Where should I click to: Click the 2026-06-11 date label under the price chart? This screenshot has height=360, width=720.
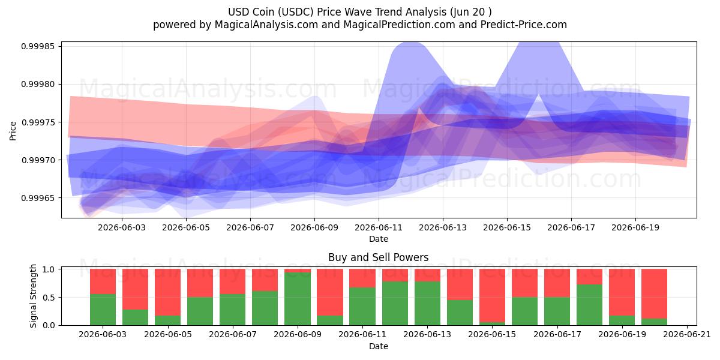(379, 227)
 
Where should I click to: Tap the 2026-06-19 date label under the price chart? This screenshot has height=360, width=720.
(635, 227)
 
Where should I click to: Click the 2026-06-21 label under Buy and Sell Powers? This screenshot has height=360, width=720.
(687, 334)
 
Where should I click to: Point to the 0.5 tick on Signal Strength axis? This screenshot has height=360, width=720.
(49, 298)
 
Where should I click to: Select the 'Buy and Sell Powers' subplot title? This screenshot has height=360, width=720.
(379, 257)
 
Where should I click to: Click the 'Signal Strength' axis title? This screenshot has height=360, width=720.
(33, 296)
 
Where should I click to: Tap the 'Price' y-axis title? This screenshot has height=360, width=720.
(13, 131)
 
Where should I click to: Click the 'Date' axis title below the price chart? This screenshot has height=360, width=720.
(379, 239)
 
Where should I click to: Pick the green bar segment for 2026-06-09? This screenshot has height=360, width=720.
(298, 299)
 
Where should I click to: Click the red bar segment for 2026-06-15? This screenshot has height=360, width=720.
(492, 296)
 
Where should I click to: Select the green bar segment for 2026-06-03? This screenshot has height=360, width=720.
(103, 310)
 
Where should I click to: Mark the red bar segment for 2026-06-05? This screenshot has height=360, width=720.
(168, 293)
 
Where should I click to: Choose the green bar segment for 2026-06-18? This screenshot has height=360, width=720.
(589, 305)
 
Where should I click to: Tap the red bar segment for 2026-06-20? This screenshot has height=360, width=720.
(655, 294)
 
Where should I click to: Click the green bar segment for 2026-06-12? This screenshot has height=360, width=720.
(395, 304)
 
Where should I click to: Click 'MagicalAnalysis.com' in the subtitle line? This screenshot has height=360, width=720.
(266, 25)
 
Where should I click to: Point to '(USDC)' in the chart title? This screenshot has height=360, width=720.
(296, 12)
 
